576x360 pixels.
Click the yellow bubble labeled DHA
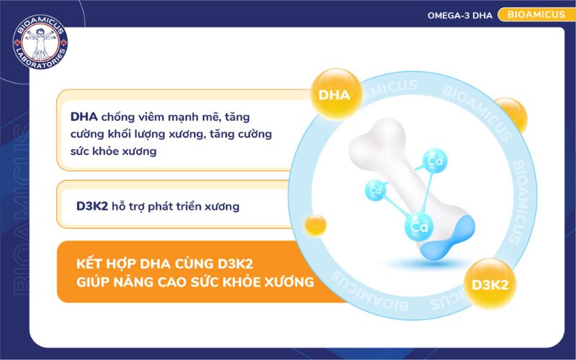pyautogui.click(x=333, y=94)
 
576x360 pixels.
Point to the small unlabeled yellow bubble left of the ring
pyautogui.click(x=316, y=225)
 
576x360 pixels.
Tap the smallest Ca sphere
pyautogui.click(x=375, y=191)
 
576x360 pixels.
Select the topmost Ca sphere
pyautogui.click(x=434, y=161)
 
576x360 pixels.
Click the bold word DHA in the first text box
pyautogui.click(x=84, y=116)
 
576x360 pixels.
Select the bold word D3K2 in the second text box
pyautogui.click(x=91, y=206)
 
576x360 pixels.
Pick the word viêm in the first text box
pyautogui.click(x=150, y=116)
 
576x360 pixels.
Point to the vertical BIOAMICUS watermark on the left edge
pyautogui.click(x=16, y=216)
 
